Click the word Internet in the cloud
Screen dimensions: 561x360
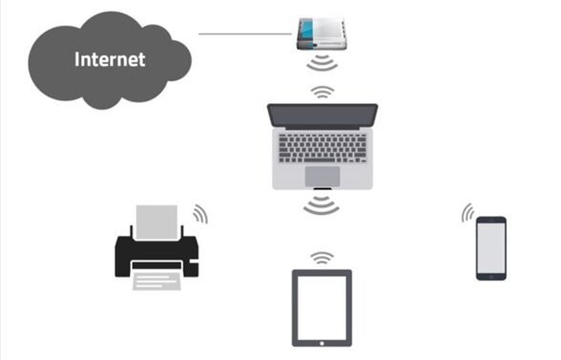[x=110, y=59]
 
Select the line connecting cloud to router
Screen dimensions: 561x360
[x=245, y=34]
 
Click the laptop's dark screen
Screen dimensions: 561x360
[x=322, y=115]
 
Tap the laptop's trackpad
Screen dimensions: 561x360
[x=322, y=176]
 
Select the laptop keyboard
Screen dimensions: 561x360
[x=322, y=148]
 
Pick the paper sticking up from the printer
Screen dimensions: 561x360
[x=156, y=222]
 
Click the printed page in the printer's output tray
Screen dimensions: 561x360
[x=156, y=281]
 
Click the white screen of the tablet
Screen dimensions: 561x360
[x=322, y=307]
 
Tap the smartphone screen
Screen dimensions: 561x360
[x=490, y=247]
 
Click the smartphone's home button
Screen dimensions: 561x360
[x=490, y=277]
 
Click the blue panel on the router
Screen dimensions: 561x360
[x=306, y=32]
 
